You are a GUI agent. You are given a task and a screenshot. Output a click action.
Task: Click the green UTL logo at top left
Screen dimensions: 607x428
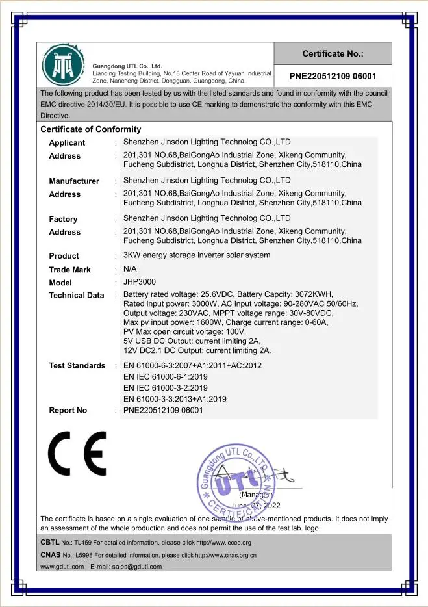pyautogui.click(x=63, y=64)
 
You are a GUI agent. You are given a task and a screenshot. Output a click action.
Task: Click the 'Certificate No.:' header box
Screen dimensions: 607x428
pyautogui.click(x=333, y=54)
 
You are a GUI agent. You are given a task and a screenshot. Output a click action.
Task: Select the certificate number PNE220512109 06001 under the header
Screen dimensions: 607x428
pyautogui.click(x=333, y=76)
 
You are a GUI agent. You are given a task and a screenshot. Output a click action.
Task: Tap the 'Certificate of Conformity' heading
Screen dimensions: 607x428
pyautogui.click(x=90, y=129)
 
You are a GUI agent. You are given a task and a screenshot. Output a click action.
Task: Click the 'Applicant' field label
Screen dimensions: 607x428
pyautogui.click(x=67, y=143)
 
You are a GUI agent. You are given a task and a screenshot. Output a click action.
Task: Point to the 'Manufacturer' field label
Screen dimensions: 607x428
pyautogui.click(x=74, y=181)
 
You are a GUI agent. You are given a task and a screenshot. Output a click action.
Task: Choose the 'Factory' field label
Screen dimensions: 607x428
pyautogui.click(x=63, y=220)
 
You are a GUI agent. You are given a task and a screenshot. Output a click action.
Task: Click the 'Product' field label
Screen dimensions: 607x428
pyautogui.click(x=64, y=256)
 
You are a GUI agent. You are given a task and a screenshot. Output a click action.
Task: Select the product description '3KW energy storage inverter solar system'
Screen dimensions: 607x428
pyautogui.click(x=196, y=255)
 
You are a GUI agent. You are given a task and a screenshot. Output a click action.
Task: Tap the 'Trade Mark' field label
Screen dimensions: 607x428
pyautogui.click(x=69, y=270)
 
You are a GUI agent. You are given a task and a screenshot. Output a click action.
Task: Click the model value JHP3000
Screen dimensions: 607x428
pyautogui.click(x=140, y=282)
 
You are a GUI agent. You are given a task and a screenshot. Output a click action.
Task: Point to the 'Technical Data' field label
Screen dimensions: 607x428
pyautogui.click(x=76, y=296)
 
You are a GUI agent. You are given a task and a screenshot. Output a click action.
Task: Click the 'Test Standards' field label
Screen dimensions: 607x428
pyautogui.click(x=77, y=366)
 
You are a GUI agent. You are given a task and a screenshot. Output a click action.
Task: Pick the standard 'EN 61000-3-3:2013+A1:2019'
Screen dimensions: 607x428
pyautogui.click(x=184, y=399)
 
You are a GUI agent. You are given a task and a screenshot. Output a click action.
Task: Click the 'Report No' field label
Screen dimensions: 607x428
pyautogui.click(x=68, y=411)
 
